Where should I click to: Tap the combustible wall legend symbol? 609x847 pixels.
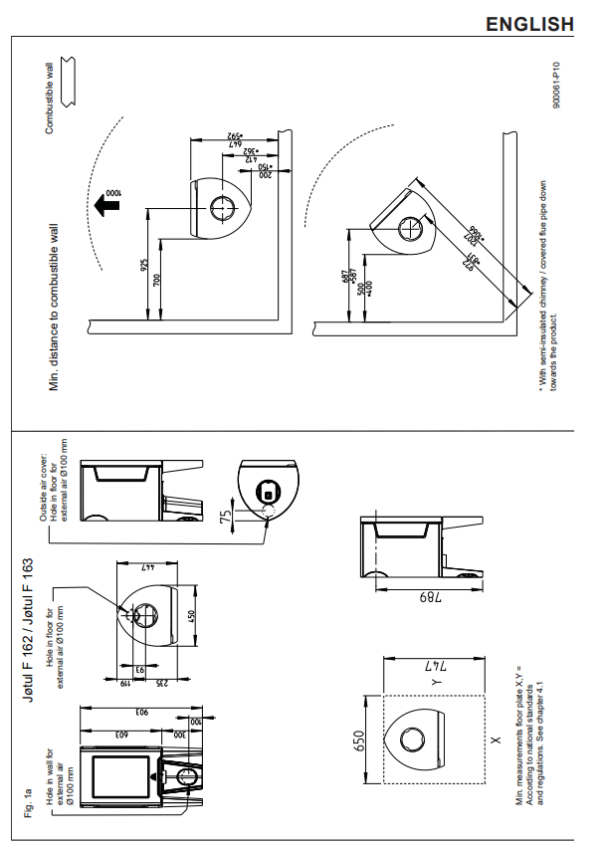pos(68,81)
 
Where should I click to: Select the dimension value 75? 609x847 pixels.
pos(226,517)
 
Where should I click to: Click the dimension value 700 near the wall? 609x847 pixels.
pos(156,278)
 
